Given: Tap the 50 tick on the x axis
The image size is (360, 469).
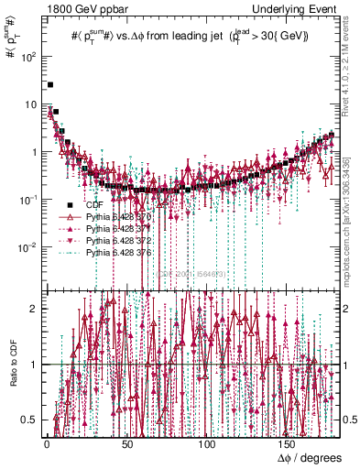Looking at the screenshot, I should (x=126, y=443).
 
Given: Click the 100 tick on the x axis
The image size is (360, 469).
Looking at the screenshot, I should (x=207, y=443).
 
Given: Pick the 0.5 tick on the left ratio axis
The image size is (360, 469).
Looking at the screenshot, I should (x=29, y=420).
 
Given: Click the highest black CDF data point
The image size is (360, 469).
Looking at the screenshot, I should (x=50, y=84).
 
